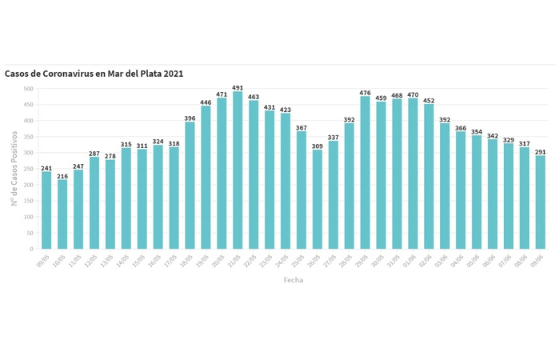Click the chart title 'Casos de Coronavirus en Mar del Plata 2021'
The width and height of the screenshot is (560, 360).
94,74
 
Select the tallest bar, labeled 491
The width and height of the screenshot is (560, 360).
238,170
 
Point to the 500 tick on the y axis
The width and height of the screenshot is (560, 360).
29,89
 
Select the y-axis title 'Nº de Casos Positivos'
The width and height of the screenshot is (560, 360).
14,169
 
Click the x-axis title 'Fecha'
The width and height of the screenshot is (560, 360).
294,280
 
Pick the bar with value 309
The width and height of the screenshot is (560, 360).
318,199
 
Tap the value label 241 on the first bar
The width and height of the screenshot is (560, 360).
46,167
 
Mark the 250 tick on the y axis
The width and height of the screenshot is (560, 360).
29,169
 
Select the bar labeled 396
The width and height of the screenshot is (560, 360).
190,186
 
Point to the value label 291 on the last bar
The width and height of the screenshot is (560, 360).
540,151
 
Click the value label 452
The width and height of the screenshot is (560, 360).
429,100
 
